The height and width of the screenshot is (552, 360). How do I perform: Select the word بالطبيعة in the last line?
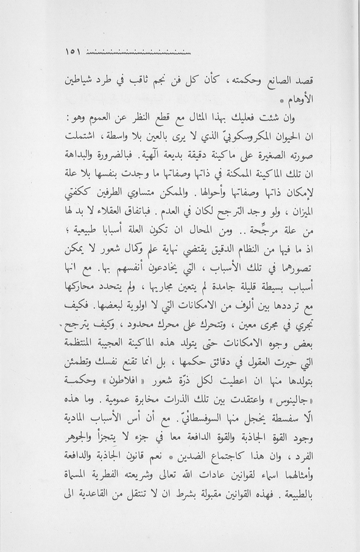(79, 496)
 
